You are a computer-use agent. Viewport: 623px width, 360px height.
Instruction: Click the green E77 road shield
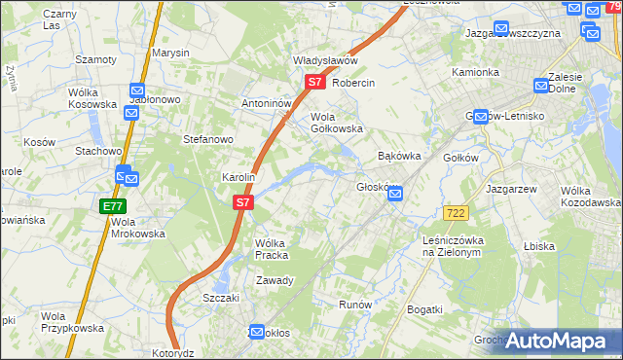pyautogui.click(x=112, y=207)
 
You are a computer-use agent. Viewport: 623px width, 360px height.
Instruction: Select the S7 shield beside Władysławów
pyautogui.click(x=314, y=83)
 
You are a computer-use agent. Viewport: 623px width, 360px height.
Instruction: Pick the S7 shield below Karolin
pyautogui.click(x=243, y=203)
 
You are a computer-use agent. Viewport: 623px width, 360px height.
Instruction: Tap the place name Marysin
pyautogui.click(x=170, y=53)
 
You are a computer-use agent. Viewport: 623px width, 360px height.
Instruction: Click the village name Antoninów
pyautogui.click(x=267, y=103)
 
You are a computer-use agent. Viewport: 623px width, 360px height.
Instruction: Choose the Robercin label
pyautogui.click(x=353, y=84)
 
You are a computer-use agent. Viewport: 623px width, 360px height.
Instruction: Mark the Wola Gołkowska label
pyautogui.click(x=336, y=123)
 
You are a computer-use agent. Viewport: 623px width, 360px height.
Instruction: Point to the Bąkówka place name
pyautogui.click(x=398, y=156)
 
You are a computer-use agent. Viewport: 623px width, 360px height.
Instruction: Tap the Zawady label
pyautogui.click(x=275, y=280)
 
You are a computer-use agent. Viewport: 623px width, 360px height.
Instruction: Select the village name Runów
pyautogui.click(x=355, y=305)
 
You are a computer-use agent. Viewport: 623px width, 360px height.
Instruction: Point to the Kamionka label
pyautogui.click(x=475, y=73)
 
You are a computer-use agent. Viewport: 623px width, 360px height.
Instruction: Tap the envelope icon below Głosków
pyautogui.click(x=395, y=195)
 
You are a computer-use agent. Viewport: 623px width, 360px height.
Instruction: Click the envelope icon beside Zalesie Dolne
pyautogui.click(x=542, y=86)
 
